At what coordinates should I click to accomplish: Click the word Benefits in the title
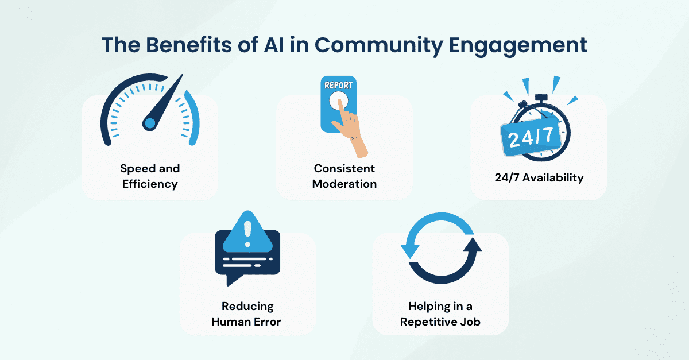point(188,45)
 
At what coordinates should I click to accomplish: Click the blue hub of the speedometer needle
point(150,123)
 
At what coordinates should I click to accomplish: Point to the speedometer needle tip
point(182,75)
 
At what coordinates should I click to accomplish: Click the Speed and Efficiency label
point(150,176)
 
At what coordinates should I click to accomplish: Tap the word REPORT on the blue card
point(338,85)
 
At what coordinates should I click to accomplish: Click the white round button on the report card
point(338,100)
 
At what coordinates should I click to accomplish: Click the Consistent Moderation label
point(344,176)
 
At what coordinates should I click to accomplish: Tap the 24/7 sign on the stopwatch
point(531,137)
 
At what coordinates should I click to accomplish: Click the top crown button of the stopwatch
point(541,98)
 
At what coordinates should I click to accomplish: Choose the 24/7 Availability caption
point(539,177)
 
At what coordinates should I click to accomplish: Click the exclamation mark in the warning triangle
point(247,234)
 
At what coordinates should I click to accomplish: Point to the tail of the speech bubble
point(233,280)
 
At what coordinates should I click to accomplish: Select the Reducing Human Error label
point(247,314)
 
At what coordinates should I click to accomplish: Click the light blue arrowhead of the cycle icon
point(410,250)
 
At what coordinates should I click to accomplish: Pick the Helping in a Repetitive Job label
point(440,314)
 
